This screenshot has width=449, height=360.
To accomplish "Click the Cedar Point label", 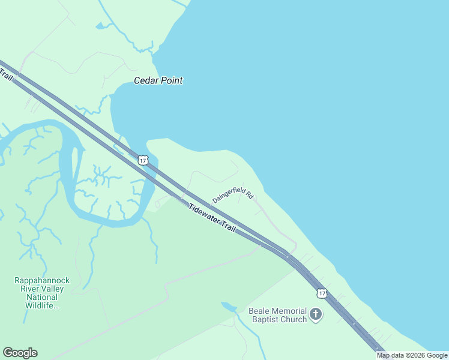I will [158, 80].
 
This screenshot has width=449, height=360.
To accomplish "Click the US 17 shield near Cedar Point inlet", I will [142, 160].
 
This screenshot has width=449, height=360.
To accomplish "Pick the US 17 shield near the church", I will [322, 293].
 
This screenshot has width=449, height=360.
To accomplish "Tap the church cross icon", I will [316, 314].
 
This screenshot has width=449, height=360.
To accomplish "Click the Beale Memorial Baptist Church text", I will [278, 315].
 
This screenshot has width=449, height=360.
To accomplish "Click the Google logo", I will [20, 353].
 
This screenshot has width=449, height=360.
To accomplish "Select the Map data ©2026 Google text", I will [412, 355].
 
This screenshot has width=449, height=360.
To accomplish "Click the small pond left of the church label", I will [228, 307].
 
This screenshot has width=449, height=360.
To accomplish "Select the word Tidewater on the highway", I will [203, 214].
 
